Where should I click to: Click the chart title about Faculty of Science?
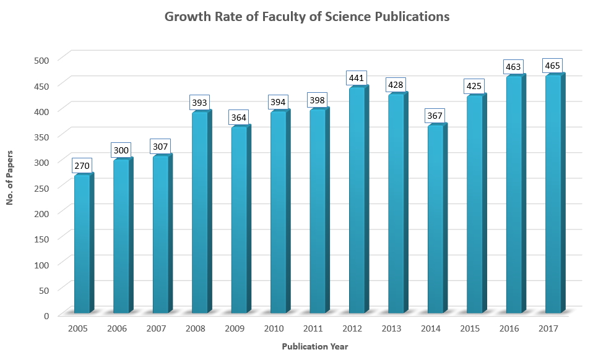pos(306,17)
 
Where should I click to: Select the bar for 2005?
pos(82,244)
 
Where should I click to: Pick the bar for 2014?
pos(435,219)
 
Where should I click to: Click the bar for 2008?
pos(199,213)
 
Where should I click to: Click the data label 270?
pos(82,166)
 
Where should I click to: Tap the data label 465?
pos(553,66)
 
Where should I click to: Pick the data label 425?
pos(474,87)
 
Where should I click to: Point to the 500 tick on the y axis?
pos(41,60)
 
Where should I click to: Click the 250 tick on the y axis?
pos(41,187)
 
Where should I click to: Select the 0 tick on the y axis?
pos(46,315)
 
